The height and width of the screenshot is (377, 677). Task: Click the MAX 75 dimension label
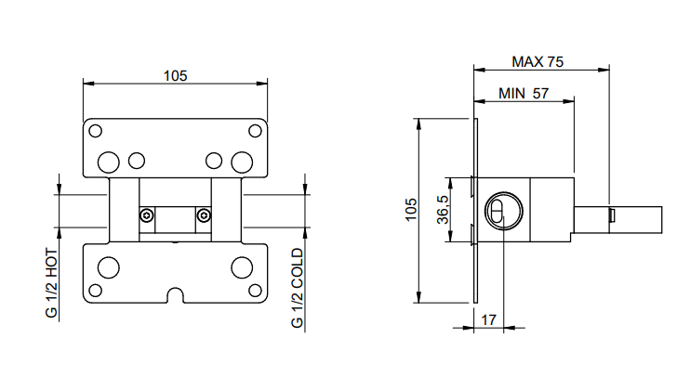tap(538, 61)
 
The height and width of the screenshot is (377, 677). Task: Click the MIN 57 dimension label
tap(524, 93)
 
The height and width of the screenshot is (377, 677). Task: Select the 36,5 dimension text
tap(443, 210)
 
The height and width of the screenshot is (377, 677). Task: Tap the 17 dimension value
tap(488, 320)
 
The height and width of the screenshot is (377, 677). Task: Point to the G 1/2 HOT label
tap(51, 283)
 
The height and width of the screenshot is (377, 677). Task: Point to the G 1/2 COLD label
tap(297, 288)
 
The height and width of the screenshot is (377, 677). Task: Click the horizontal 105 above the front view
tap(175, 76)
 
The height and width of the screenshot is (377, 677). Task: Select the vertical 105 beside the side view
tap(411, 210)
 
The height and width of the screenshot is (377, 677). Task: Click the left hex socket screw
tap(147, 215)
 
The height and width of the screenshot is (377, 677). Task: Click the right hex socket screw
tap(204, 215)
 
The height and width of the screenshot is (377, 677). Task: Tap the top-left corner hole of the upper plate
tap(95, 131)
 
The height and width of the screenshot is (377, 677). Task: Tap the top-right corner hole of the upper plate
tap(255, 131)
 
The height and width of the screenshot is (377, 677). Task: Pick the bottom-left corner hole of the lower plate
tap(95, 291)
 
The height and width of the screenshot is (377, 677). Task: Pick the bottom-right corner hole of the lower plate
tap(255, 291)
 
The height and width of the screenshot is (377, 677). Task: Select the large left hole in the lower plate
tap(109, 267)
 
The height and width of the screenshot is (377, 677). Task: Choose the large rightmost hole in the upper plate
tap(242, 162)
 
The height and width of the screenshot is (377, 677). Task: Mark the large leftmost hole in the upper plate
tap(109, 162)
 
